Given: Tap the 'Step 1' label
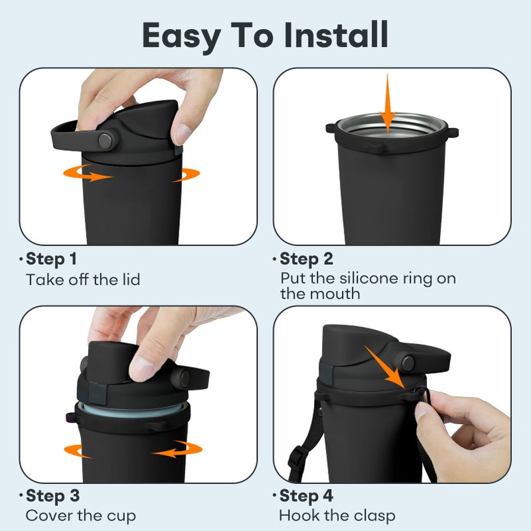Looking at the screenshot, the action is click(x=51, y=260).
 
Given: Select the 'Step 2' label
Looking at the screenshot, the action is click(x=307, y=260).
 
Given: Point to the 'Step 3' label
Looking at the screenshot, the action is click(x=53, y=496).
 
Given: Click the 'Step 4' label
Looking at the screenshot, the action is click(x=307, y=496).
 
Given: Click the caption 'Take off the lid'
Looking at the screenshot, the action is click(x=83, y=279).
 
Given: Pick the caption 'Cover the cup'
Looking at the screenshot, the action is click(x=80, y=516).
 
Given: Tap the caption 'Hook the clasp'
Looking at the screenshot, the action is click(x=337, y=516).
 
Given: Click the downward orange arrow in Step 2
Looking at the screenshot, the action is click(x=388, y=102).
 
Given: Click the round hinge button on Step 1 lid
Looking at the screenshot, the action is click(x=106, y=141).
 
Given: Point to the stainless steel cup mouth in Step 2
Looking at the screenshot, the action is click(x=392, y=126).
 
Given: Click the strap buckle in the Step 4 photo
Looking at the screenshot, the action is click(x=295, y=457).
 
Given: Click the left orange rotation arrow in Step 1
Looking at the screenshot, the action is click(x=87, y=173).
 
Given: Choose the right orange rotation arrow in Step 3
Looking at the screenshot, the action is click(x=177, y=449).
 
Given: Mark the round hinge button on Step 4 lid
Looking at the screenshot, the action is click(x=408, y=363).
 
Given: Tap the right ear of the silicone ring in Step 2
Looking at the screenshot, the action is click(x=453, y=132).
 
